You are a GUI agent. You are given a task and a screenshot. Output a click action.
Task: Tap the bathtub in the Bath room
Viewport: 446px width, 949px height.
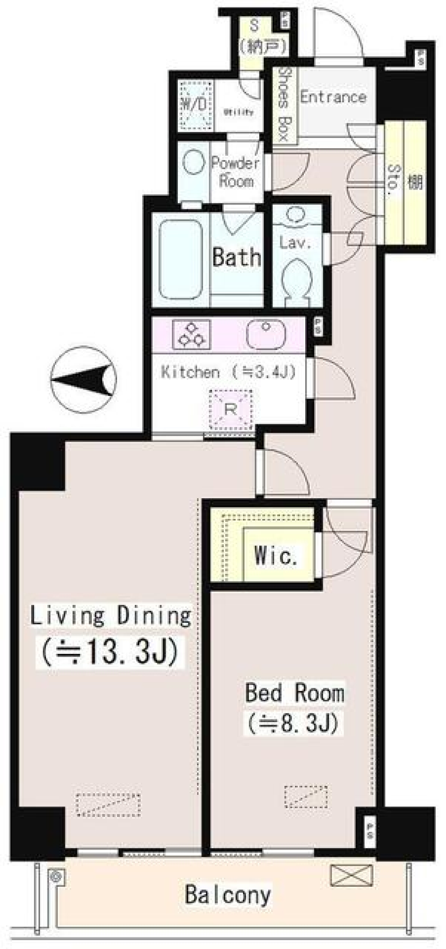click(x=181, y=259)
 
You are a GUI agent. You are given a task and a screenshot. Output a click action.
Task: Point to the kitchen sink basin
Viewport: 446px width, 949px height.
click(x=265, y=333)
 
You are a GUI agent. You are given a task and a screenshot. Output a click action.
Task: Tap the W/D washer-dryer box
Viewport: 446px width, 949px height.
click(x=195, y=105)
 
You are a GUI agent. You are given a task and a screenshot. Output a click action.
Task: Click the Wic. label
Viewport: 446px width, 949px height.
click(x=275, y=555)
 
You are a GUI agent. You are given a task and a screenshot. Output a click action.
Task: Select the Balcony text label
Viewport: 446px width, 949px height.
click(x=228, y=894)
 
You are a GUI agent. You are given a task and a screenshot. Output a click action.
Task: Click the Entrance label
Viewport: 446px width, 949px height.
click(x=333, y=97)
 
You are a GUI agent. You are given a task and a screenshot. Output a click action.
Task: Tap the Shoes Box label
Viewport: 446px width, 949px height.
click(x=283, y=105)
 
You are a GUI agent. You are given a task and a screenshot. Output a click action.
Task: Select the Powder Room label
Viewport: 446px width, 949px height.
click(x=236, y=171)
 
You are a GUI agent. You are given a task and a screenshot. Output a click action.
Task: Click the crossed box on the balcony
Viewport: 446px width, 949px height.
click(x=351, y=875)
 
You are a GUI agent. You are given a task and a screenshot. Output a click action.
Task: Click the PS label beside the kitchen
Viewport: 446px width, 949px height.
click(x=318, y=327)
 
